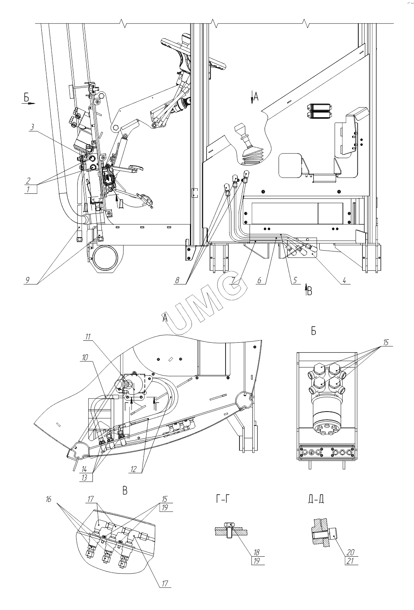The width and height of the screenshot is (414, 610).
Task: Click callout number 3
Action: click(33, 127)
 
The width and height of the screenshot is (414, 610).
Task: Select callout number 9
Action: click(27, 280)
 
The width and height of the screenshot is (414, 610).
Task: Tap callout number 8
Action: click(177, 280)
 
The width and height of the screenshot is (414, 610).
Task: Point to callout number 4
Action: click(344, 280)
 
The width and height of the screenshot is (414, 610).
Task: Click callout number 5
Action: click(295, 280)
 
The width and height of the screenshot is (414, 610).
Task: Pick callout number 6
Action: click(259, 280)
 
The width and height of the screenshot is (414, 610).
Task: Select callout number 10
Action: click(85, 357)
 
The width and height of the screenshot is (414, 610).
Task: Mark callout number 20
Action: click(351, 552)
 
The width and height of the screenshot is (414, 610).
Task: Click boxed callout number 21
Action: click(351, 561)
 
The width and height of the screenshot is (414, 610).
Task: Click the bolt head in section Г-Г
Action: click(228, 525)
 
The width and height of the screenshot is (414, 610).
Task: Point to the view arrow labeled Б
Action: click(29, 103)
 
